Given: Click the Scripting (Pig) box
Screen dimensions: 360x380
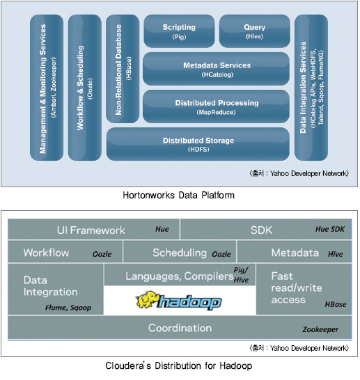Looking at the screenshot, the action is pos(179,31).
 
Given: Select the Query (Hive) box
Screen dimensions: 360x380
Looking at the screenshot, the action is pos(255,31).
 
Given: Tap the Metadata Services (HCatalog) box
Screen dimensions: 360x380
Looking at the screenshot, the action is pos(216,69).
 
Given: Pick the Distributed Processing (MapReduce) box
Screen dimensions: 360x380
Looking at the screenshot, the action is pos(216,106).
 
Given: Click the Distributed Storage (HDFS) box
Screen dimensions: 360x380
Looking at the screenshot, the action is pos(198,144).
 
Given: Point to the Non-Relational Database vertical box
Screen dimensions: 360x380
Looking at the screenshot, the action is pos(123,69).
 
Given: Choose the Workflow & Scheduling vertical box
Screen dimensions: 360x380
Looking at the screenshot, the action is pos(85,88).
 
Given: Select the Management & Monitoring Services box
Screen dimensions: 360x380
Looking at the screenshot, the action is pos(47,88).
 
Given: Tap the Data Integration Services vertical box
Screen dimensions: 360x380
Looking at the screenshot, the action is pos(311,88).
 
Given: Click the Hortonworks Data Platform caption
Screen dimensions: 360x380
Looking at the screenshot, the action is pos(179,195).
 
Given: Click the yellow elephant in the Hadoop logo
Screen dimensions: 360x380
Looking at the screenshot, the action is pos(146,299).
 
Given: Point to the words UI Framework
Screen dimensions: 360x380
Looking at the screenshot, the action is pos(91,230).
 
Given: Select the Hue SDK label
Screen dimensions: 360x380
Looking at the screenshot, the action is pos(329,229).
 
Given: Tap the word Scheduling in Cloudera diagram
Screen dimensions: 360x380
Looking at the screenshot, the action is pos(180,253).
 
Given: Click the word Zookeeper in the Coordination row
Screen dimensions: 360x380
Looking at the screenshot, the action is pos(320,329).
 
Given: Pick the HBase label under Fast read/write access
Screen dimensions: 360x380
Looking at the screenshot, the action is pos(336,304).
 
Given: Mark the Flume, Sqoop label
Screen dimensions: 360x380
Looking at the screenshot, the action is pos(68,308).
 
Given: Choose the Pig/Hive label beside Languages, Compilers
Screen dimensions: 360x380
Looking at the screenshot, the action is pos(241,275).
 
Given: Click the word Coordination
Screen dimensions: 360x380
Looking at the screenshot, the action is pos(180,328).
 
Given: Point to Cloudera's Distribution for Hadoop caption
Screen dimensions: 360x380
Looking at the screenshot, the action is pos(179,365).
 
